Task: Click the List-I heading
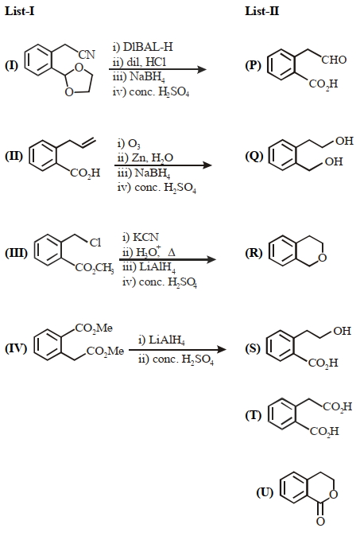[x=19, y=11]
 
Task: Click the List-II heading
[x=262, y=11]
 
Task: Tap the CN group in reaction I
[x=87, y=55]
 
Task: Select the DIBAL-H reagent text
[x=142, y=47]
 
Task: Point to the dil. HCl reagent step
[x=139, y=62]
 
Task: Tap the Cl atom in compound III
[x=95, y=243]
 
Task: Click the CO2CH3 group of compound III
[x=95, y=267]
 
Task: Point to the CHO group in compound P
[x=334, y=60]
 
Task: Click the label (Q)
[x=254, y=156]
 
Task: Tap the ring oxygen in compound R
[x=323, y=258]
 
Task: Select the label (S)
[x=253, y=348]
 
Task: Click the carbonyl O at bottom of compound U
[x=320, y=522]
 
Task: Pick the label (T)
[x=254, y=415]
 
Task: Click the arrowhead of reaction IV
[x=222, y=349]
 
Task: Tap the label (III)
[x=16, y=253]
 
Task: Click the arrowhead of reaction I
[x=202, y=69]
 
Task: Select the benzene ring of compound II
[x=43, y=156]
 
